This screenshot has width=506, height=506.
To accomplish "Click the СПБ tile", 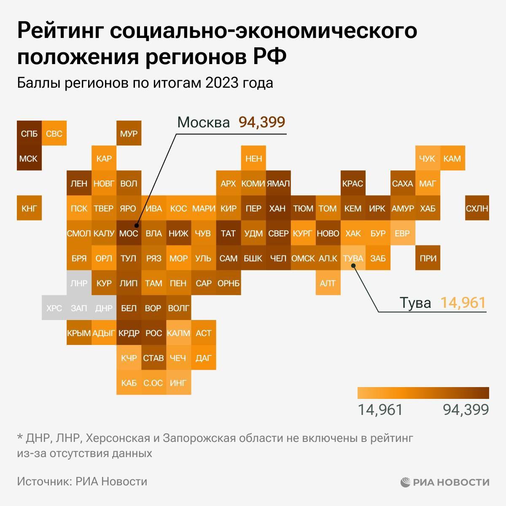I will [29, 134].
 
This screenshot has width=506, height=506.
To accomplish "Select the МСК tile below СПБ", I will [29, 159].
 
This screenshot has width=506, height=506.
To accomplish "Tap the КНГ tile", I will [29, 208].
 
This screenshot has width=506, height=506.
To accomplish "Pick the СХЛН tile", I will [477, 208].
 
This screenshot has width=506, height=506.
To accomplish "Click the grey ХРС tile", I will [54, 308].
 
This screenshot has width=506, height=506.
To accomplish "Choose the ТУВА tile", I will [353, 258].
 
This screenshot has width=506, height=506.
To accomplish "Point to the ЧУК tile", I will [427, 159].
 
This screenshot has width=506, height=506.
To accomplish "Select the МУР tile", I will [129, 134].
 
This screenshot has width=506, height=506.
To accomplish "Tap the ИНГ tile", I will [178, 382].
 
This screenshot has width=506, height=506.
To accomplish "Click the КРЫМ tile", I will [79, 333].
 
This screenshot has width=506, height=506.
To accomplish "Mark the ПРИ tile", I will [428, 258].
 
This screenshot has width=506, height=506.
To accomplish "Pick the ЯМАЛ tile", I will [278, 183].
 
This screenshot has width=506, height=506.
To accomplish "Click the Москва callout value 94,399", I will [262, 122].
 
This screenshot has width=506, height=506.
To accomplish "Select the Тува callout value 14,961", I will [463, 303].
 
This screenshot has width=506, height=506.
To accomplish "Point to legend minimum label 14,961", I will [380, 409].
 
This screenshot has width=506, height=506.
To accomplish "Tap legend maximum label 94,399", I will [466, 409].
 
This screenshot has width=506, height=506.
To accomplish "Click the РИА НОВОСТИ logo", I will [445, 482].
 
